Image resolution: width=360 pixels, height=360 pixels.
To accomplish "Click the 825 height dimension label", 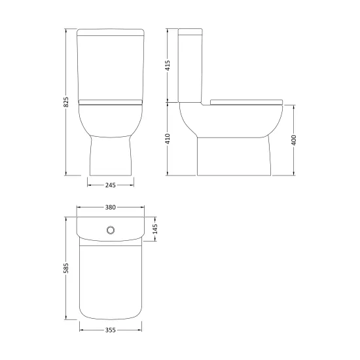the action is click(x=66, y=102).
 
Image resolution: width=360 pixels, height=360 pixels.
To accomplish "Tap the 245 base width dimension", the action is click(x=111, y=185).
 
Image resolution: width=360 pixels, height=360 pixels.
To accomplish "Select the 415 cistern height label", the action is click(x=168, y=65).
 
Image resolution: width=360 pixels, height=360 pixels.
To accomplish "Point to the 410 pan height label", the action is click(x=168, y=139).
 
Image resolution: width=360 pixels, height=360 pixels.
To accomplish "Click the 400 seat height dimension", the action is click(x=294, y=140).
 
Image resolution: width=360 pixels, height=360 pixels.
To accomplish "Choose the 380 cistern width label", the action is click(x=111, y=207).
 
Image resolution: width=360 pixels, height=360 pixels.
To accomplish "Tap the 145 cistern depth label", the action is click(x=155, y=229).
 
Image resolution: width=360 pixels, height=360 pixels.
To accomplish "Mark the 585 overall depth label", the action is click(x=66, y=268).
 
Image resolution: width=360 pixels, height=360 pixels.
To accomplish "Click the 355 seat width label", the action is click(x=111, y=330).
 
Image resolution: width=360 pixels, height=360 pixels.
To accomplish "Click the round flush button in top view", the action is click(x=111, y=230).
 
